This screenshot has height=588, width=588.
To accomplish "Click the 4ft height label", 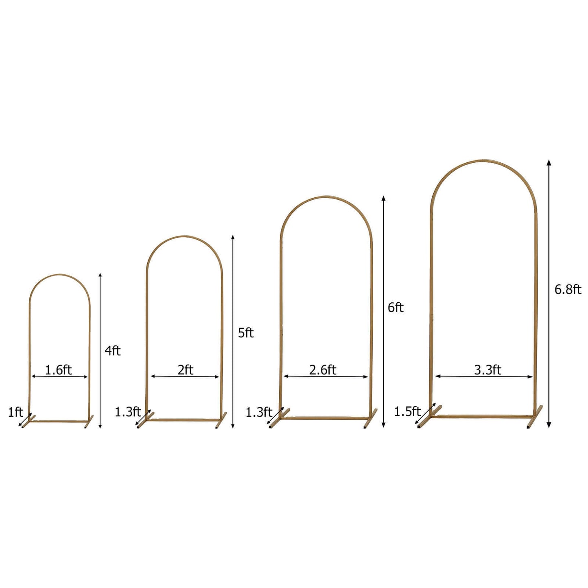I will click(113, 351).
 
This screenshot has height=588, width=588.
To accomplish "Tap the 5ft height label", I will click(246, 333).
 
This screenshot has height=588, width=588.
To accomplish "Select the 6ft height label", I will click(395, 308).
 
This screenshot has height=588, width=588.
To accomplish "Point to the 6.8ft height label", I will click(568, 289).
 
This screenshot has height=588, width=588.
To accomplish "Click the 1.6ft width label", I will click(58, 370).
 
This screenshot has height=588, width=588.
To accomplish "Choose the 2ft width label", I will click(185, 370).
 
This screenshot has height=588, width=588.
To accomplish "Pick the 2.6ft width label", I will click(323, 370).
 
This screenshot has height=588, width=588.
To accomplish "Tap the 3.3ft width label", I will click(487, 370).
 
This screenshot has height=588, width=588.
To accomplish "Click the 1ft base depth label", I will click(15, 412).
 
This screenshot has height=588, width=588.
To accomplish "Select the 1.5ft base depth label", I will click(407, 411).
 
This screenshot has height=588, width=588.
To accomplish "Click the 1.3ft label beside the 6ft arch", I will click(258, 412).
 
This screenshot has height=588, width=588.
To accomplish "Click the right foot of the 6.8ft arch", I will click(534, 418).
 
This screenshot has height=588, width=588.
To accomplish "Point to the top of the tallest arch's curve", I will click(483, 161).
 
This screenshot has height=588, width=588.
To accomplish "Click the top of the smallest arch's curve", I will click(60, 275).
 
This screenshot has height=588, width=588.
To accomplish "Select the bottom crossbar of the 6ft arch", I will click(326, 418).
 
